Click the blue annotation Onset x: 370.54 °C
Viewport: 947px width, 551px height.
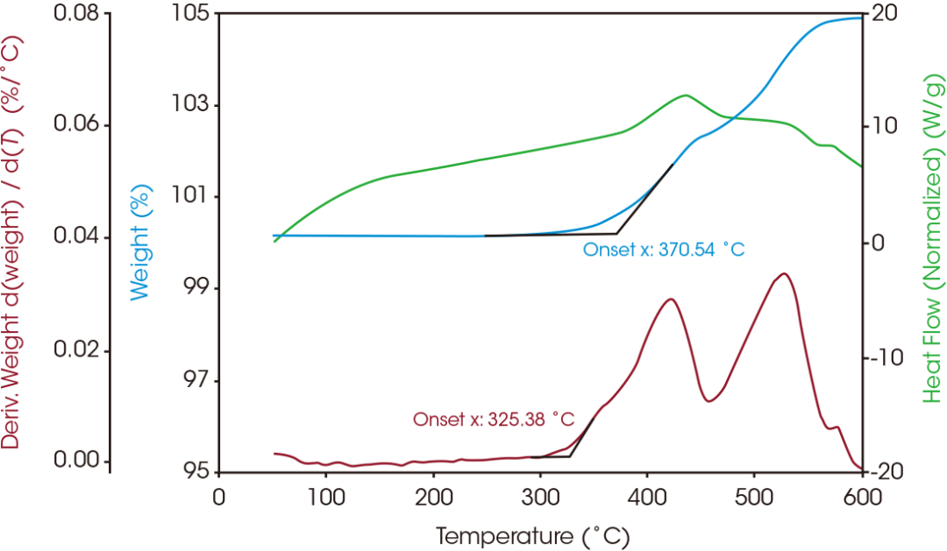point(664,251)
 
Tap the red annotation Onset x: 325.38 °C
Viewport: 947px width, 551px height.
point(494,420)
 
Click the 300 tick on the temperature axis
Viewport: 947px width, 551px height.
point(541,496)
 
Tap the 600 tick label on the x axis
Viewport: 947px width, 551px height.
point(861,496)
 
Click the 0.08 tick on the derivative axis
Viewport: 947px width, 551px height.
point(82,14)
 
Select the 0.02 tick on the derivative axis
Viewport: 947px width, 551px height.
point(82,350)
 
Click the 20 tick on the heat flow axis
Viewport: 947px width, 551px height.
point(880,14)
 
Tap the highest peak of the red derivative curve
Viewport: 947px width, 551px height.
point(783,274)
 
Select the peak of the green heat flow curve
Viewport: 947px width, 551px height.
point(684,95)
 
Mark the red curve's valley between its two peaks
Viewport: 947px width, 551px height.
point(710,401)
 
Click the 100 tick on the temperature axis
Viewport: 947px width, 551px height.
point(326,496)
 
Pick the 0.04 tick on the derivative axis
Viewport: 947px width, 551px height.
point(82,237)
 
